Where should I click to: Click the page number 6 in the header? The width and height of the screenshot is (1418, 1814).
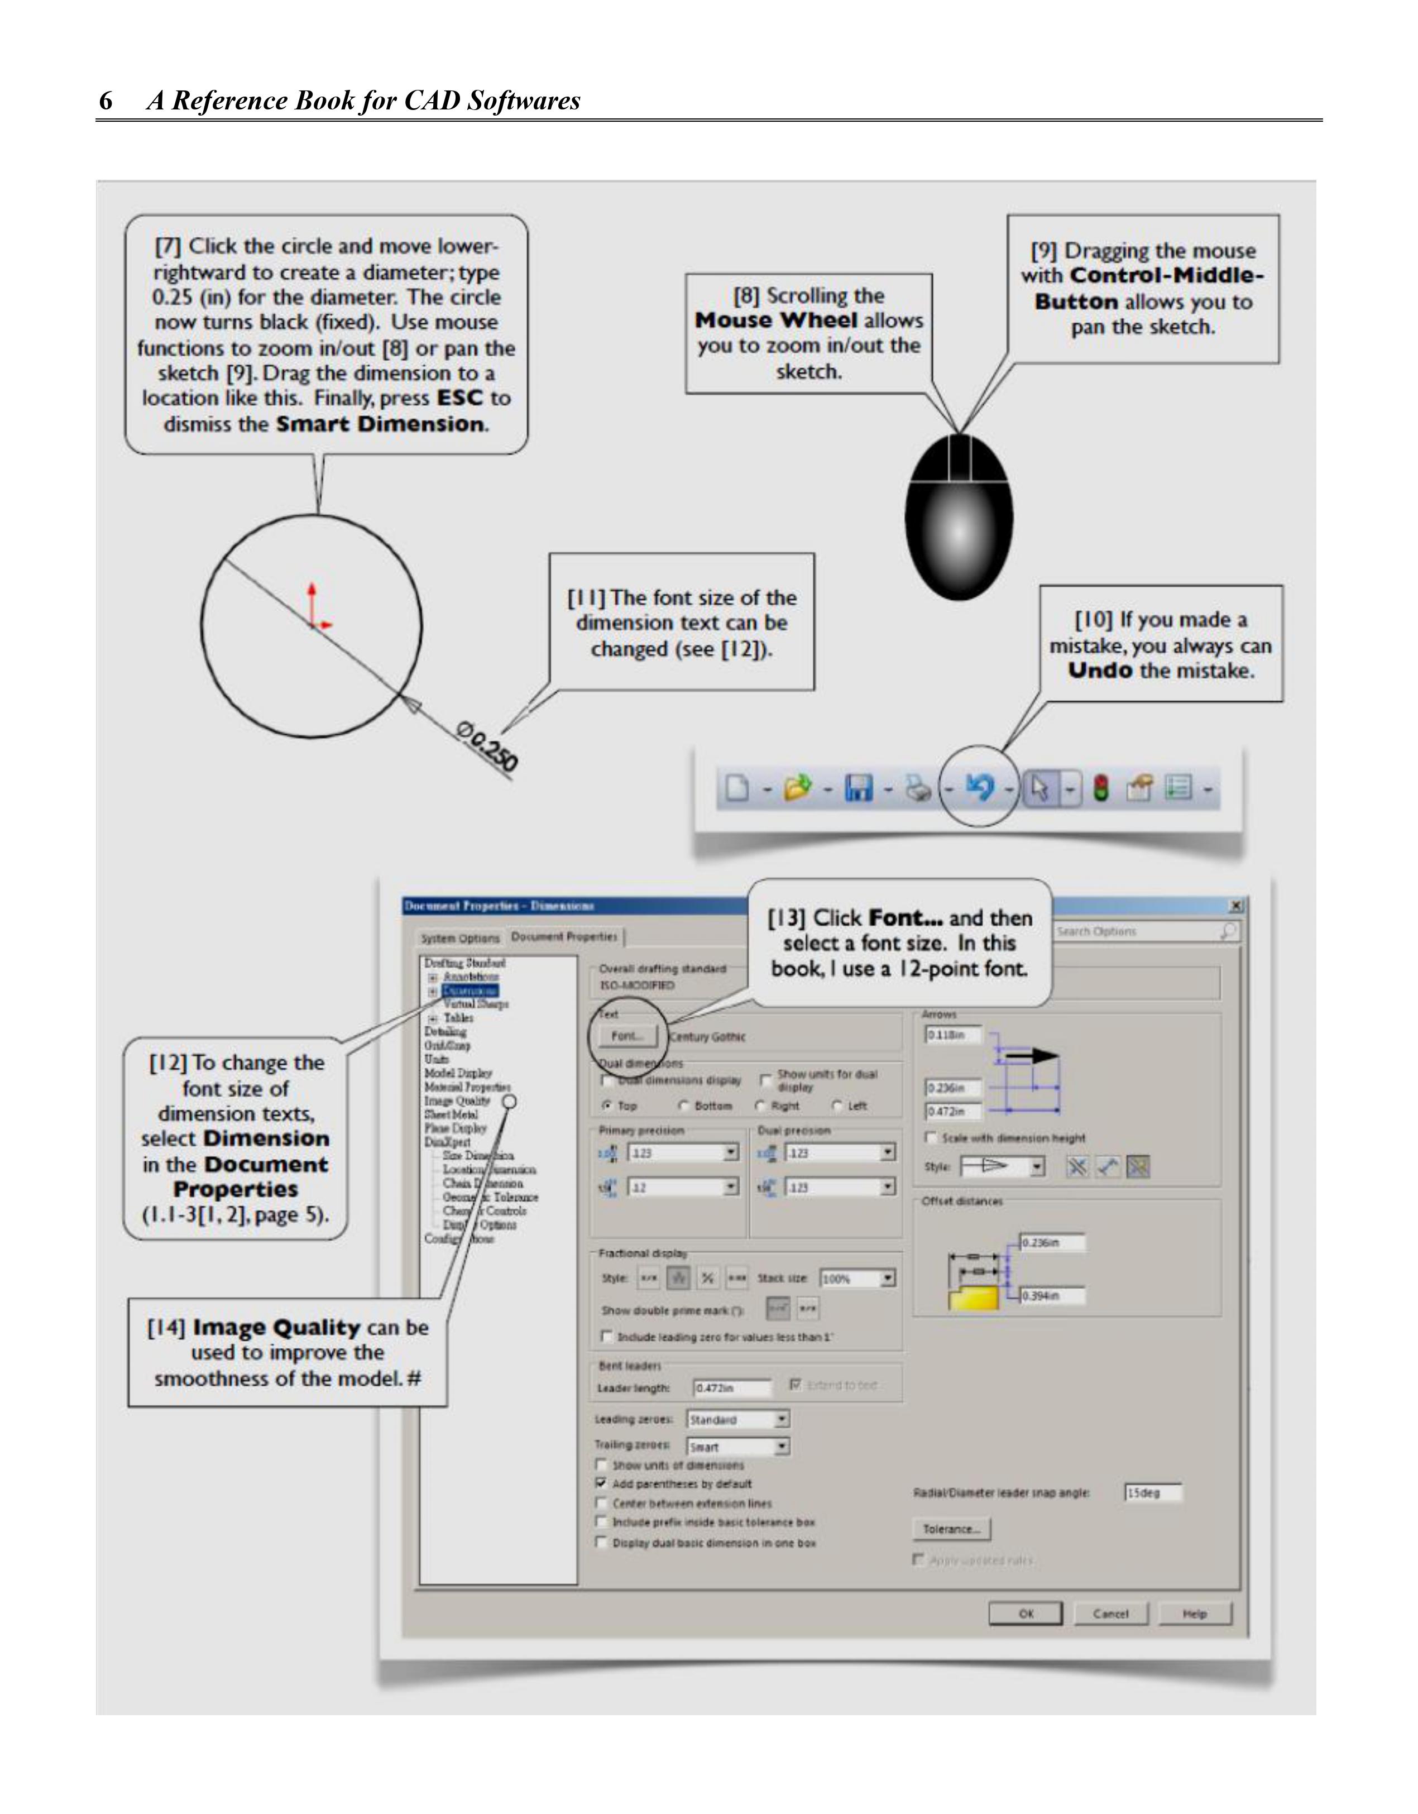(106, 100)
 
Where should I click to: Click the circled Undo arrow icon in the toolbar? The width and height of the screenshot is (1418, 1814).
(980, 787)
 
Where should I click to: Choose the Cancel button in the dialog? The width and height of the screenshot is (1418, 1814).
(1110, 1614)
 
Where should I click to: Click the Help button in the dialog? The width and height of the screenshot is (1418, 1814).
(1195, 1614)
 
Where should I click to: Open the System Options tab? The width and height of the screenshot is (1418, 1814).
(460, 939)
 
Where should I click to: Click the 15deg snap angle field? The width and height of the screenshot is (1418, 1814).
(1152, 1492)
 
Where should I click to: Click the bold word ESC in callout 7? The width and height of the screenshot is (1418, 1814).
(459, 398)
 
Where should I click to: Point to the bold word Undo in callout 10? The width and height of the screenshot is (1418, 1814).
(1100, 671)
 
